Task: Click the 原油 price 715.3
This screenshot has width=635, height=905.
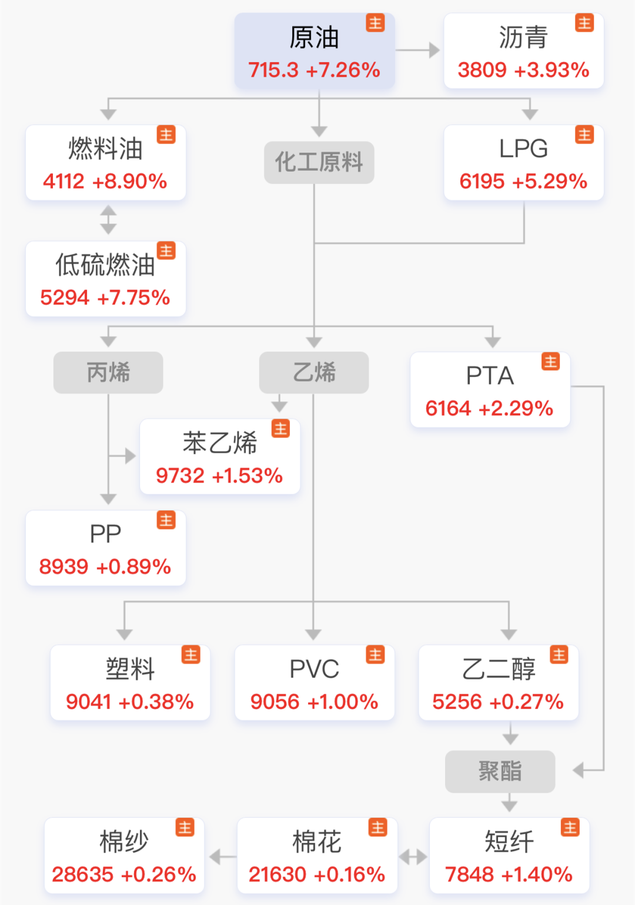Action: pyautogui.click(x=273, y=70)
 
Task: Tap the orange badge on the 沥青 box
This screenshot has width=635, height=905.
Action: pyautogui.click(x=584, y=23)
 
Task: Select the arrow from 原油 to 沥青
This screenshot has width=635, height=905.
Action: pyautogui.click(x=419, y=50)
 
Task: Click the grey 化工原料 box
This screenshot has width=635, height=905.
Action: pyautogui.click(x=319, y=162)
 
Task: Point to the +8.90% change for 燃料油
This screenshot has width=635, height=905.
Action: pyautogui.click(x=129, y=181)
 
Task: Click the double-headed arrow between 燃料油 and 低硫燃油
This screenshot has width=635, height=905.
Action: pyautogui.click(x=108, y=220)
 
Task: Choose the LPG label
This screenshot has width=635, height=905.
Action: pyautogui.click(x=523, y=149)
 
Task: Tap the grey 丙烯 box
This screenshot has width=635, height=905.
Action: pyautogui.click(x=108, y=372)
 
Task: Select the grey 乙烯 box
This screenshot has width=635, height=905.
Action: pyautogui.click(x=314, y=372)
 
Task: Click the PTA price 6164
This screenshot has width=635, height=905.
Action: pyautogui.click(x=448, y=408)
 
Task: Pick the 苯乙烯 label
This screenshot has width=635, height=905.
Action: pyautogui.click(x=220, y=443)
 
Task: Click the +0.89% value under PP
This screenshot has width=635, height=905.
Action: pyautogui.click(x=133, y=567)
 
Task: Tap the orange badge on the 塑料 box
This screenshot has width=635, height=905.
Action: pyautogui.click(x=191, y=654)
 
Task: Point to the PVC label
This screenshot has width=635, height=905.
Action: pyautogui.click(x=315, y=669)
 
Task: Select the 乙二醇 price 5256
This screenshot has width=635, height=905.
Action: pyautogui.click(x=457, y=701)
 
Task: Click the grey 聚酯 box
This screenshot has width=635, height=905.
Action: pyautogui.click(x=500, y=771)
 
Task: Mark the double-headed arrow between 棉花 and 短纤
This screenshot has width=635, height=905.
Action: pyautogui.click(x=413, y=857)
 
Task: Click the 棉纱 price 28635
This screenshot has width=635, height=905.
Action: pyautogui.click(x=82, y=874)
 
